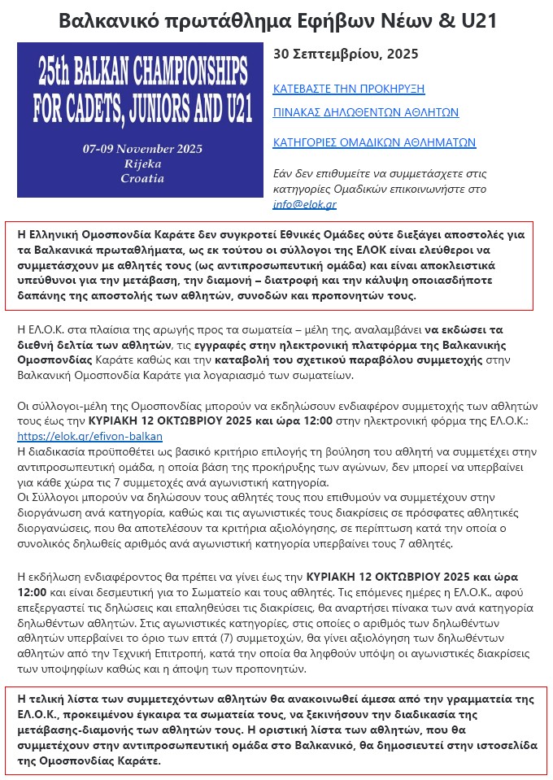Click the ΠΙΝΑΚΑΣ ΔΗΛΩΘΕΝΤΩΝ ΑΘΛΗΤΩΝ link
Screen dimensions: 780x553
tap(366, 112)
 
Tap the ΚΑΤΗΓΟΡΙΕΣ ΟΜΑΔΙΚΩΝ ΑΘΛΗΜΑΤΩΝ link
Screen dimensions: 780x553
tap(374, 142)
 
